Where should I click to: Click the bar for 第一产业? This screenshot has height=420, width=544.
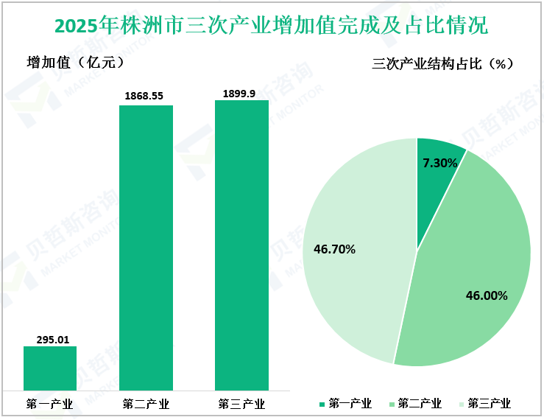(x=50, y=368)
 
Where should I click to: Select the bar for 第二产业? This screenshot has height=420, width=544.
(x=146, y=248)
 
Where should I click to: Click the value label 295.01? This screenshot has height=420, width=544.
(x=51, y=340)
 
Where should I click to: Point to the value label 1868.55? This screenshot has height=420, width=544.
(x=146, y=97)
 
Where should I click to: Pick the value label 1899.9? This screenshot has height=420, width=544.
(x=241, y=93)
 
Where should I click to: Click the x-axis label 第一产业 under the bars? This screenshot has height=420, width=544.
(x=50, y=404)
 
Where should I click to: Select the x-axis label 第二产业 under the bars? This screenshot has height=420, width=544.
(x=146, y=404)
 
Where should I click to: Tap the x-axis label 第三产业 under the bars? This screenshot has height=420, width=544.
(x=241, y=404)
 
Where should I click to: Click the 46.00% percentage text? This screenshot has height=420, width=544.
(x=487, y=296)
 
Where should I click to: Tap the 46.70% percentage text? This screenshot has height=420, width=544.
(x=334, y=249)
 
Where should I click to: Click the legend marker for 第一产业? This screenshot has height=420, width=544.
(x=322, y=404)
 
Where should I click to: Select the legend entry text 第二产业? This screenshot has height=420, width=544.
(x=420, y=404)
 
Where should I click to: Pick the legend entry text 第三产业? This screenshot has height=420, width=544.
(x=489, y=404)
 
